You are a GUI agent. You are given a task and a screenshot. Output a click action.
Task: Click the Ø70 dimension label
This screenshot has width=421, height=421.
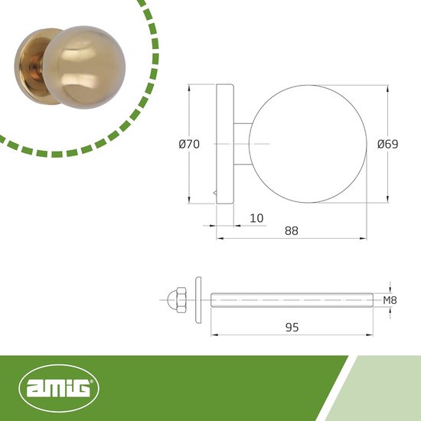coord(189,144)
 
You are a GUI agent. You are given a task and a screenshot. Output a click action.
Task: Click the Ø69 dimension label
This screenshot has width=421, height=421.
coord(388,144)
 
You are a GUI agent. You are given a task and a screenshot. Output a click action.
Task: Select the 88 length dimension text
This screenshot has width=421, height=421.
coord(292,230)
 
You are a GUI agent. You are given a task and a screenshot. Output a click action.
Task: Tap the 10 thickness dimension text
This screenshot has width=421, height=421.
coord(256,218)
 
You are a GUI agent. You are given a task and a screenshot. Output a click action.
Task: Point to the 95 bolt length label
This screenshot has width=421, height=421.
coord(292,328)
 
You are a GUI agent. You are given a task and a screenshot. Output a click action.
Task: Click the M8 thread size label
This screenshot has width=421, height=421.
coord(390,300)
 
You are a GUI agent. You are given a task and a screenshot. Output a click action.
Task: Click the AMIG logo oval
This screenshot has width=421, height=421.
coord(59,388)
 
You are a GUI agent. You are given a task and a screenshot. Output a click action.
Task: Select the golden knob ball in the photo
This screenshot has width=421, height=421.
coord(84,67)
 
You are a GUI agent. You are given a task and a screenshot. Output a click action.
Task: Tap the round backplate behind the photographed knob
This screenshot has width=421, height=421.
coord(30,67)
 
